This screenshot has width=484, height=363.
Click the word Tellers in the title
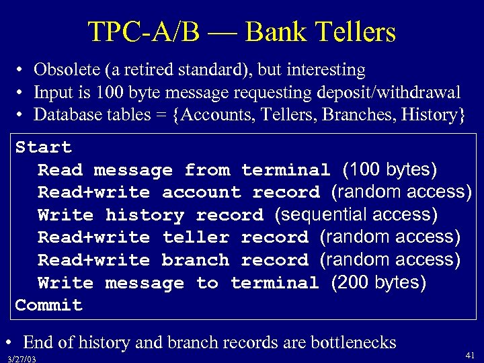coord(354,32)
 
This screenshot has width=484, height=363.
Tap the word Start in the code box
coord(43,147)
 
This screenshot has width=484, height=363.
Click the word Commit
coord(49,305)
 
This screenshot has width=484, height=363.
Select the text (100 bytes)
coord(390,169)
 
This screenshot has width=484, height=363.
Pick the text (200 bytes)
coord(378,283)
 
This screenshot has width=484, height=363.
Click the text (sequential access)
coord(356,214)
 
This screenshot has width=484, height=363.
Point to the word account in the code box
coord(202,192)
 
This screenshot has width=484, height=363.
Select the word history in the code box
coord(145,215)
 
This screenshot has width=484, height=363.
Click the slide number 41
coord(470,354)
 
